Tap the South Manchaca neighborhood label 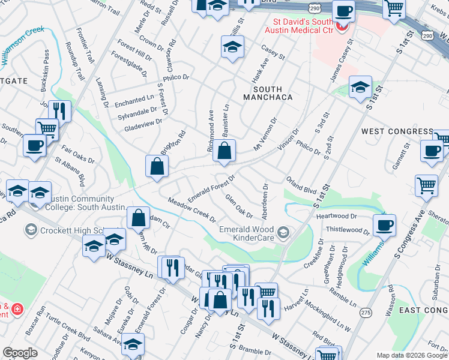pyautogui.click(x=268, y=92)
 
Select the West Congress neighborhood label pyautogui.click(x=397, y=131)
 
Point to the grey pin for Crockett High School pyautogui.click(x=30, y=230)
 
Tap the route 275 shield pyautogui.click(x=366, y=313)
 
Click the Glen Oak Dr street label pyautogui.click(x=238, y=206)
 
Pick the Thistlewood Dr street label pyautogui.click(x=348, y=230)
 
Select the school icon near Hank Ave pyautogui.click(x=232, y=46)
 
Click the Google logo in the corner pyautogui.click(x=20, y=353)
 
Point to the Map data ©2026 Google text pyautogui.click(x=411, y=355)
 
